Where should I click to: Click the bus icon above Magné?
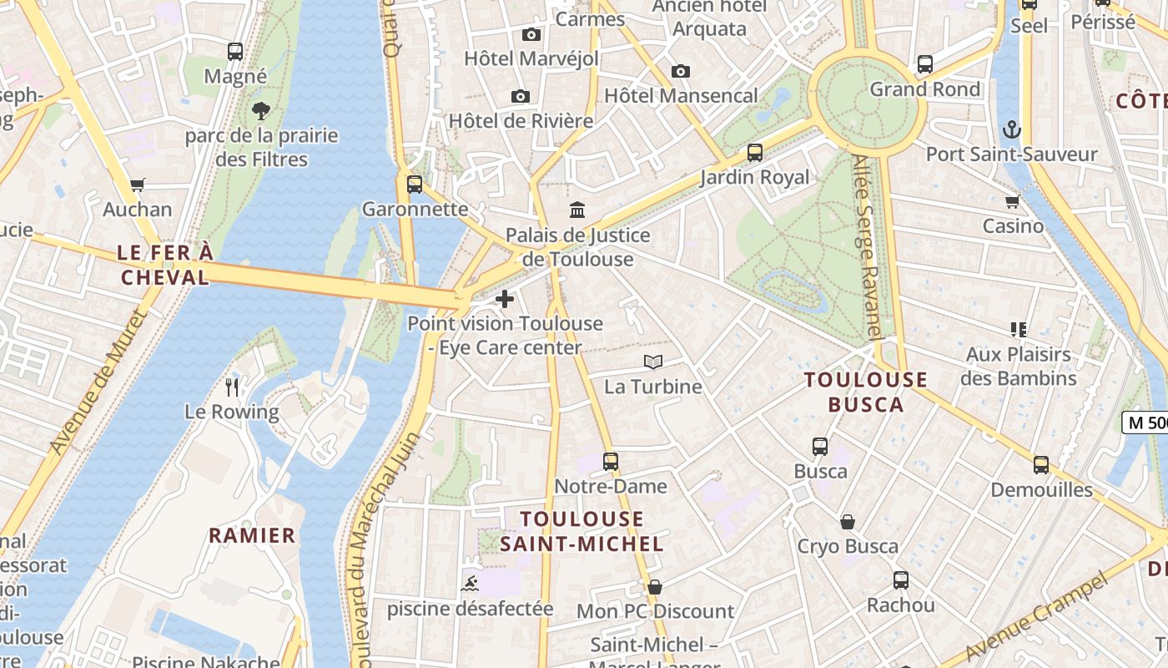[x=235, y=52]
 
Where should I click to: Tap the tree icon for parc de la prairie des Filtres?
[x=261, y=110]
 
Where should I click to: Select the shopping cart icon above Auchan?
[x=138, y=185]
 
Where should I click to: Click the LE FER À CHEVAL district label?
[x=165, y=265]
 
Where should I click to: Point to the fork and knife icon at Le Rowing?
[x=232, y=387]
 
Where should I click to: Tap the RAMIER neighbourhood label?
[x=252, y=535]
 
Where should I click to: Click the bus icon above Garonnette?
[x=415, y=185]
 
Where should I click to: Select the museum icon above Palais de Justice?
[x=577, y=210]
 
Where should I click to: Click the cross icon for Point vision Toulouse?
[x=505, y=298]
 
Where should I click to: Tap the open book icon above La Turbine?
[x=653, y=362]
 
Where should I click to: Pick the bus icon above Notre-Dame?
[x=611, y=461]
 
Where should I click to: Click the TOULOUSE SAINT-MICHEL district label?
[x=582, y=532]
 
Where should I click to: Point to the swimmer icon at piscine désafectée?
[x=470, y=584]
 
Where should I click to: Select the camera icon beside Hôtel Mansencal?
[x=681, y=71]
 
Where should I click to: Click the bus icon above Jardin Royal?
[x=755, y=152]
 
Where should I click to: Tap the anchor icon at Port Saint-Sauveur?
[x=1011, y=129]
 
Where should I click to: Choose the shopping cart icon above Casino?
[x=1013, y=201]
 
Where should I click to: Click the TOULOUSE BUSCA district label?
[x=866, y=392]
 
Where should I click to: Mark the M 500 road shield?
[x=1146, y=423]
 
